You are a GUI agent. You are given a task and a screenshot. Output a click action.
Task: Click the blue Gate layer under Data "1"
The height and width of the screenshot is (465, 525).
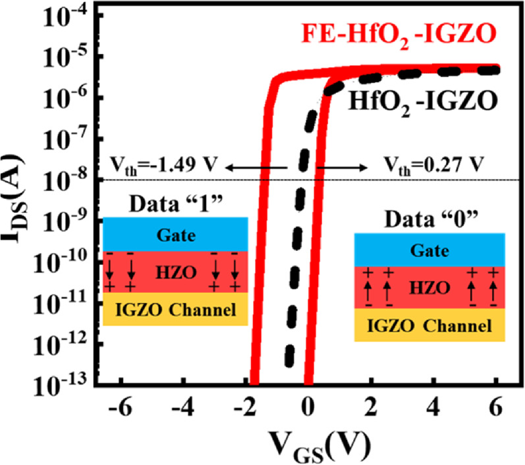(x=175, y=234)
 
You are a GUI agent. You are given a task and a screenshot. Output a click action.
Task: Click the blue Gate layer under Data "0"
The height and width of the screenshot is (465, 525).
(x=429, y=250)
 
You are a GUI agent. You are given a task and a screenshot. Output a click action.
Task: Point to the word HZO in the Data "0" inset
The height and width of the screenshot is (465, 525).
(x=429, y=287)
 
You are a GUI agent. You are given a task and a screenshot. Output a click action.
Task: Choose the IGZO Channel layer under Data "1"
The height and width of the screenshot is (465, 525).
(x=175, y=309)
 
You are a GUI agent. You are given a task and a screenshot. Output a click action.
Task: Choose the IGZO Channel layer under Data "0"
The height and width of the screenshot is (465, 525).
(x=429, y=325)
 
